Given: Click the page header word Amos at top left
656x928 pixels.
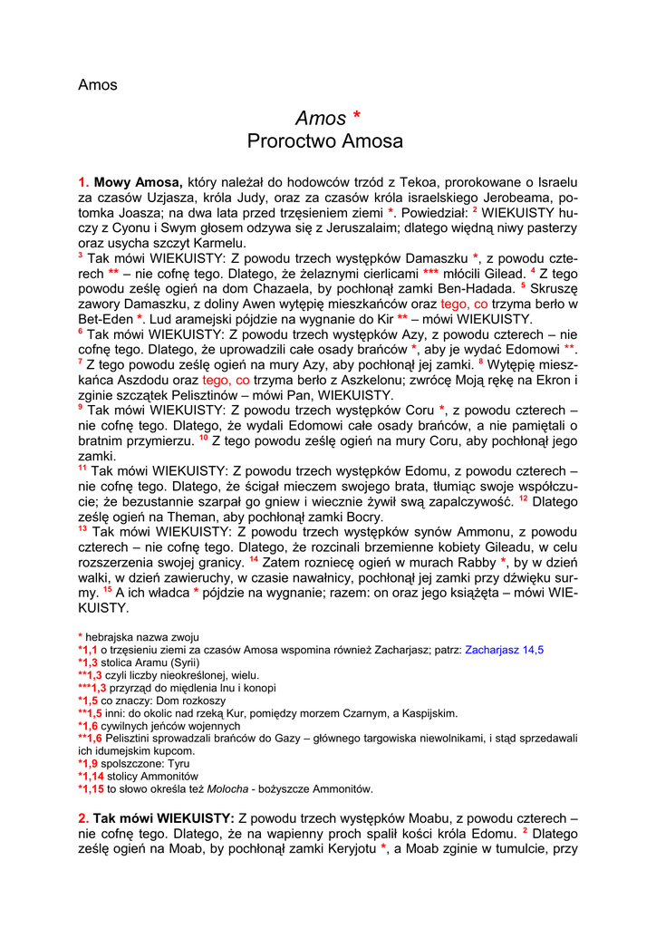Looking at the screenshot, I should tap(98, 85).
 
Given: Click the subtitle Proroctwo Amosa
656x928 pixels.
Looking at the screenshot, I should tap(325, 141).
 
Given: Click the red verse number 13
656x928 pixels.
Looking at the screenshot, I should tap(83, 528).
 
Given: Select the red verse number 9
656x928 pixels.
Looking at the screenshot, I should tap(81, 407).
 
